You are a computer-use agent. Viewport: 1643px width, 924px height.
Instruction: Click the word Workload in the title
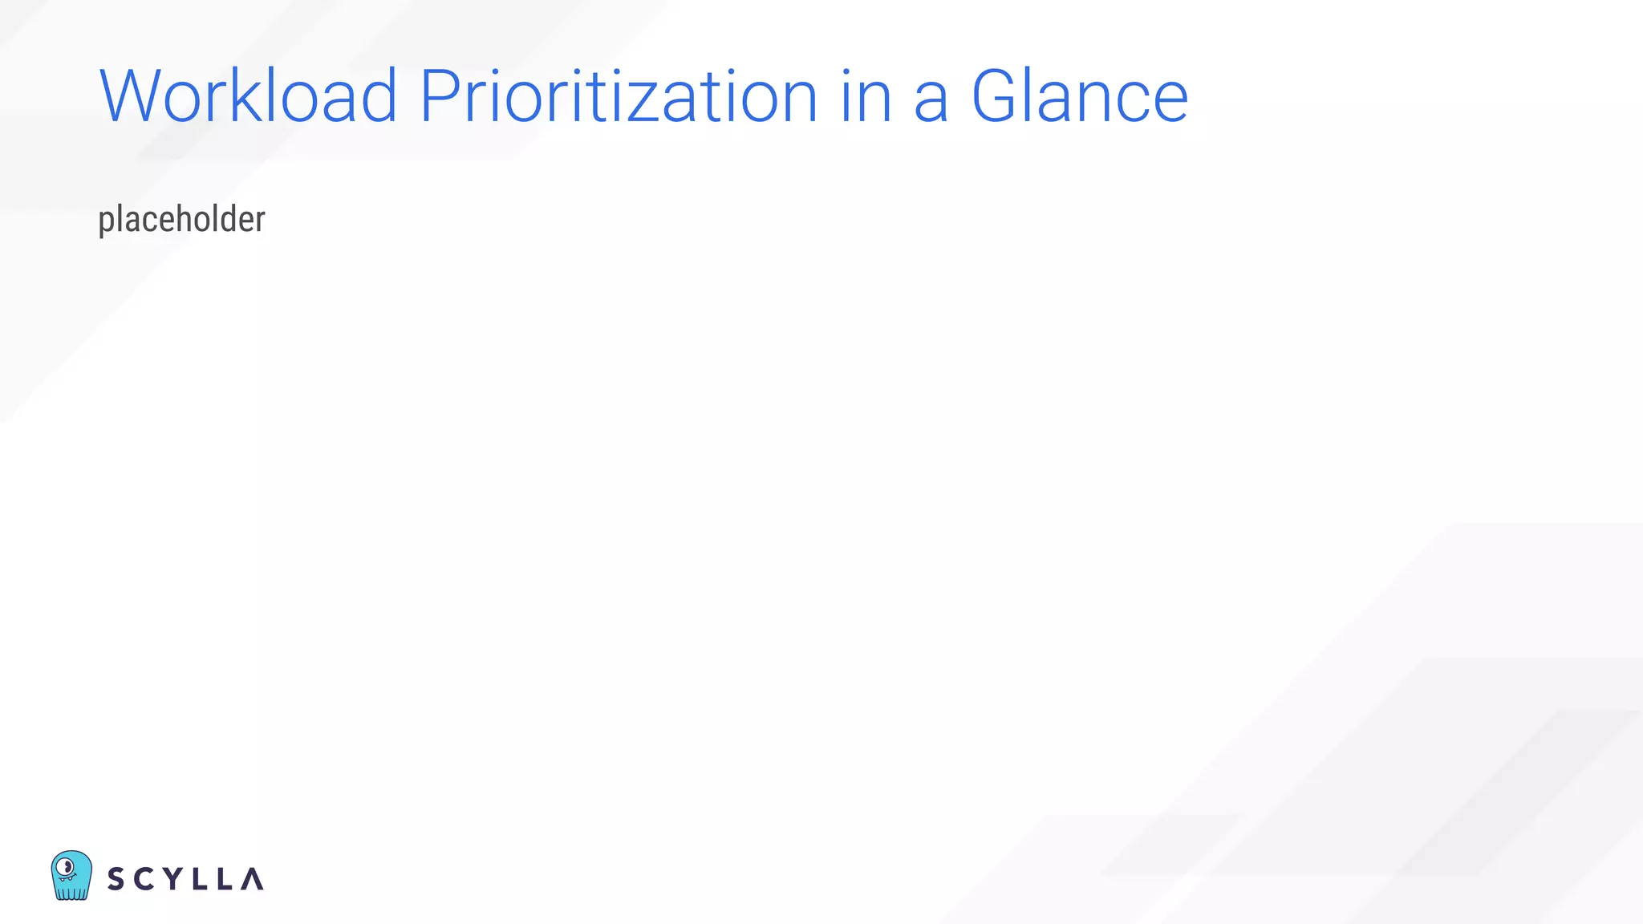[248, 96]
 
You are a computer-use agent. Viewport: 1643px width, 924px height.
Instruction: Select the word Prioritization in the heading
[619, 96]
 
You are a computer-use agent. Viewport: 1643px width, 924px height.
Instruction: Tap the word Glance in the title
[1079, 96]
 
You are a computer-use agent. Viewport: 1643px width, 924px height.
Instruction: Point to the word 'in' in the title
[866, 96]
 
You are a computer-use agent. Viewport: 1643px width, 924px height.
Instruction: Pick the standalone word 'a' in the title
[931, 101]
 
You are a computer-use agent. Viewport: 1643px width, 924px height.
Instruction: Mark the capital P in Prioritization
[440, 96]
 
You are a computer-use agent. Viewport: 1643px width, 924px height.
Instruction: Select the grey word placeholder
[181, 220]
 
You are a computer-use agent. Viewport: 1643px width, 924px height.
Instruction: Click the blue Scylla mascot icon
[71, 875]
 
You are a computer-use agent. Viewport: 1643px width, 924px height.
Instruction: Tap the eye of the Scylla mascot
[67, 866]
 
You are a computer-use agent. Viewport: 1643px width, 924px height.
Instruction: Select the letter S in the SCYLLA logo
[116, 879]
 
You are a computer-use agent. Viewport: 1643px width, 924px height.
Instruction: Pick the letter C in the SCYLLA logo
[144, 879]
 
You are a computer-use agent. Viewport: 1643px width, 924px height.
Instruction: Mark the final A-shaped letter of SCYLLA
[252, 879]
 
